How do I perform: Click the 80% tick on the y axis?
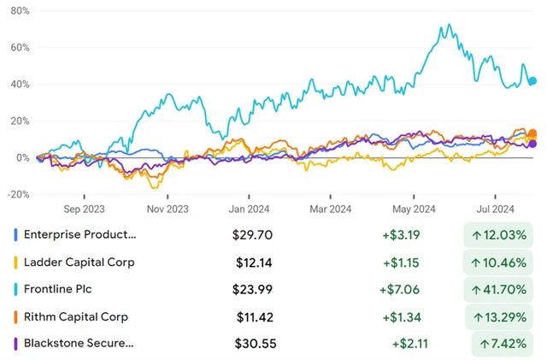(x=19, y=11)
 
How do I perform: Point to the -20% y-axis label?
(x=17, y=194)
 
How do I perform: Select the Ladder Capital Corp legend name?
(x=79, y=262)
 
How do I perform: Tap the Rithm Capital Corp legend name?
(x=75, y=316)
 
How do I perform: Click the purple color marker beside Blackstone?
(x=16, y=344)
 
